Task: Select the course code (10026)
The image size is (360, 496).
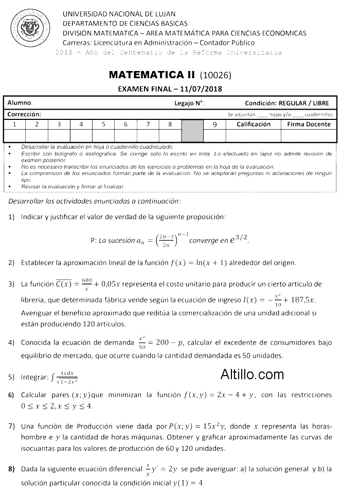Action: (x=215, y=75)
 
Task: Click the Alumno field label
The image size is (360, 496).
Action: (x=20, y=103)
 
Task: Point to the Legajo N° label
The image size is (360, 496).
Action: (x=189, y=103)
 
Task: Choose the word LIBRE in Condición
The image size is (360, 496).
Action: (x=324, y=103)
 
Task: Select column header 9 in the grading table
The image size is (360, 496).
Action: (x=215, y=125)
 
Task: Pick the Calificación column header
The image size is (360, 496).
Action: (x=254, y=125)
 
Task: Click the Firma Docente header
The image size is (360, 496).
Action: (x=309, y=125)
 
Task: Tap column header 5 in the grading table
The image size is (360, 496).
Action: (x=103, y=125)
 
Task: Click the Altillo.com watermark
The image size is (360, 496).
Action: (x=252, y=374)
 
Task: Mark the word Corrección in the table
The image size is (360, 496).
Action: (x=24, y=114)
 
